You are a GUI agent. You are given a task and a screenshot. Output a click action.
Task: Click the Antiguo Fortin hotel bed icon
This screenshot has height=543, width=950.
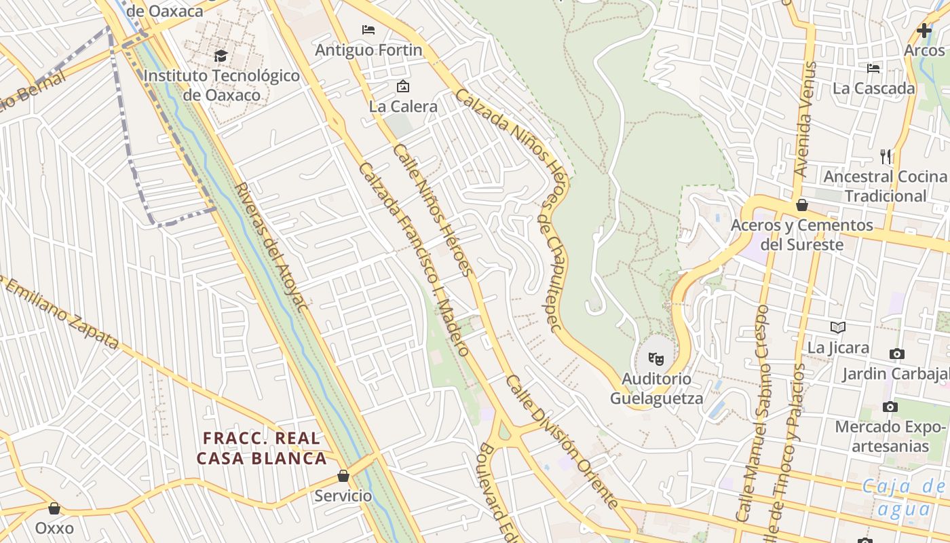pyautogui.click(x=368, y=30)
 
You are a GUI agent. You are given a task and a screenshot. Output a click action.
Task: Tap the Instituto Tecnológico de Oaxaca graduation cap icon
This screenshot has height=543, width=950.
pyautogui.click(x=221, y=56)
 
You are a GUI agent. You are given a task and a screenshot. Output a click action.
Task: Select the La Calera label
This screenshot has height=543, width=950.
pyautogui.click(x=403, y=107)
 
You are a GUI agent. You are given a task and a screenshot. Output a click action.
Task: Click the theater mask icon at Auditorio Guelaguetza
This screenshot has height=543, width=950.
pyautogui.click(x=655, y=358)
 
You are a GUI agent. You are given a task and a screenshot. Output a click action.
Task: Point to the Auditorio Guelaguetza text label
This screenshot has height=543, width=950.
pyautogui.click(x=657, y=388)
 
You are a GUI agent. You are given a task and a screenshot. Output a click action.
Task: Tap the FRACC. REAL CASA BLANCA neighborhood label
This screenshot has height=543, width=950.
pyautogui.click(x=262, y=448)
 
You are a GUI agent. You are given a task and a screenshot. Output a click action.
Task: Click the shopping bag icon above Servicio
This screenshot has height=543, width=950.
pyautogui.click(x=343, y=476)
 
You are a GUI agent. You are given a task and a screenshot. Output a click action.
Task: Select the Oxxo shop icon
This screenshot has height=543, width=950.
pyautogui.click(x=54, y=508)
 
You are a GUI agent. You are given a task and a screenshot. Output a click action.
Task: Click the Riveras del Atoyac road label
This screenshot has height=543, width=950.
pyautogui.click(x=271, y=246)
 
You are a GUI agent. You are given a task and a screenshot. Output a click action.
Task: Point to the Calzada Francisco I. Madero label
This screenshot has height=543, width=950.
pyautogui.click(x=414, y=259)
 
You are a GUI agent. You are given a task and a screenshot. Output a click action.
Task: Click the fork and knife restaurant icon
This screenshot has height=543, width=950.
pyautogui.click(x=886, y=157)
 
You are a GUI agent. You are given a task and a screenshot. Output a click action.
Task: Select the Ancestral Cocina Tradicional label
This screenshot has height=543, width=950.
pyautogui.click(x=885, y=186)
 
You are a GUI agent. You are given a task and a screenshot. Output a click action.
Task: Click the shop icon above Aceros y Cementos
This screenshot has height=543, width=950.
pyautogui.click(x=802, y=205)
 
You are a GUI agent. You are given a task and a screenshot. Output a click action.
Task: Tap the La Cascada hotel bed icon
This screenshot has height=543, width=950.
pyautogui.click(x=873, y=68)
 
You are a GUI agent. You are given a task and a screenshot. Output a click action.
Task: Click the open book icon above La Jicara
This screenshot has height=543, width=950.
pyautogui.click(x=838, y=328)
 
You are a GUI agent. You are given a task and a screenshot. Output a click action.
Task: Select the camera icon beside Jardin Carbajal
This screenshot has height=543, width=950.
pyautogui.click(x=897, y=354)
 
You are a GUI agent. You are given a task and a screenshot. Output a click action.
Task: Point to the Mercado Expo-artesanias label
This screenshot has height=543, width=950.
pyautogui.click(x=890, y=436)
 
